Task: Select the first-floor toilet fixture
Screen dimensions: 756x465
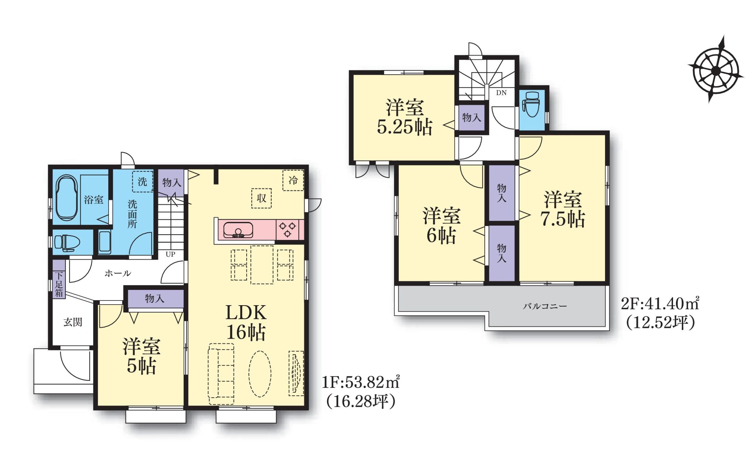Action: coord(67,243)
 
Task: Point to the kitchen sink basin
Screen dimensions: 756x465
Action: coord(238,230)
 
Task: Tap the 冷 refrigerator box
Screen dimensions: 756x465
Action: coord(293,180)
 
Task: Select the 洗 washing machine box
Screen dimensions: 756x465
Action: coord(143,181)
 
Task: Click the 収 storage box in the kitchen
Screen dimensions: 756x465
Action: coord(261,198)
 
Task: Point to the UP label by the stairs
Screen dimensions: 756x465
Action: coord(170,254)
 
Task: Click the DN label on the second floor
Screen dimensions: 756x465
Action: coord(501,92)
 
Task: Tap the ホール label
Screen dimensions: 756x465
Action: coord(118,273)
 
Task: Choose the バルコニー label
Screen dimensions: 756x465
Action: coord(545,306)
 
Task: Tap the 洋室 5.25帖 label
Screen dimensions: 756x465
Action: coord(405,117)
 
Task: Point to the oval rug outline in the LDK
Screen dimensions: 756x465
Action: coord(260,374)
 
